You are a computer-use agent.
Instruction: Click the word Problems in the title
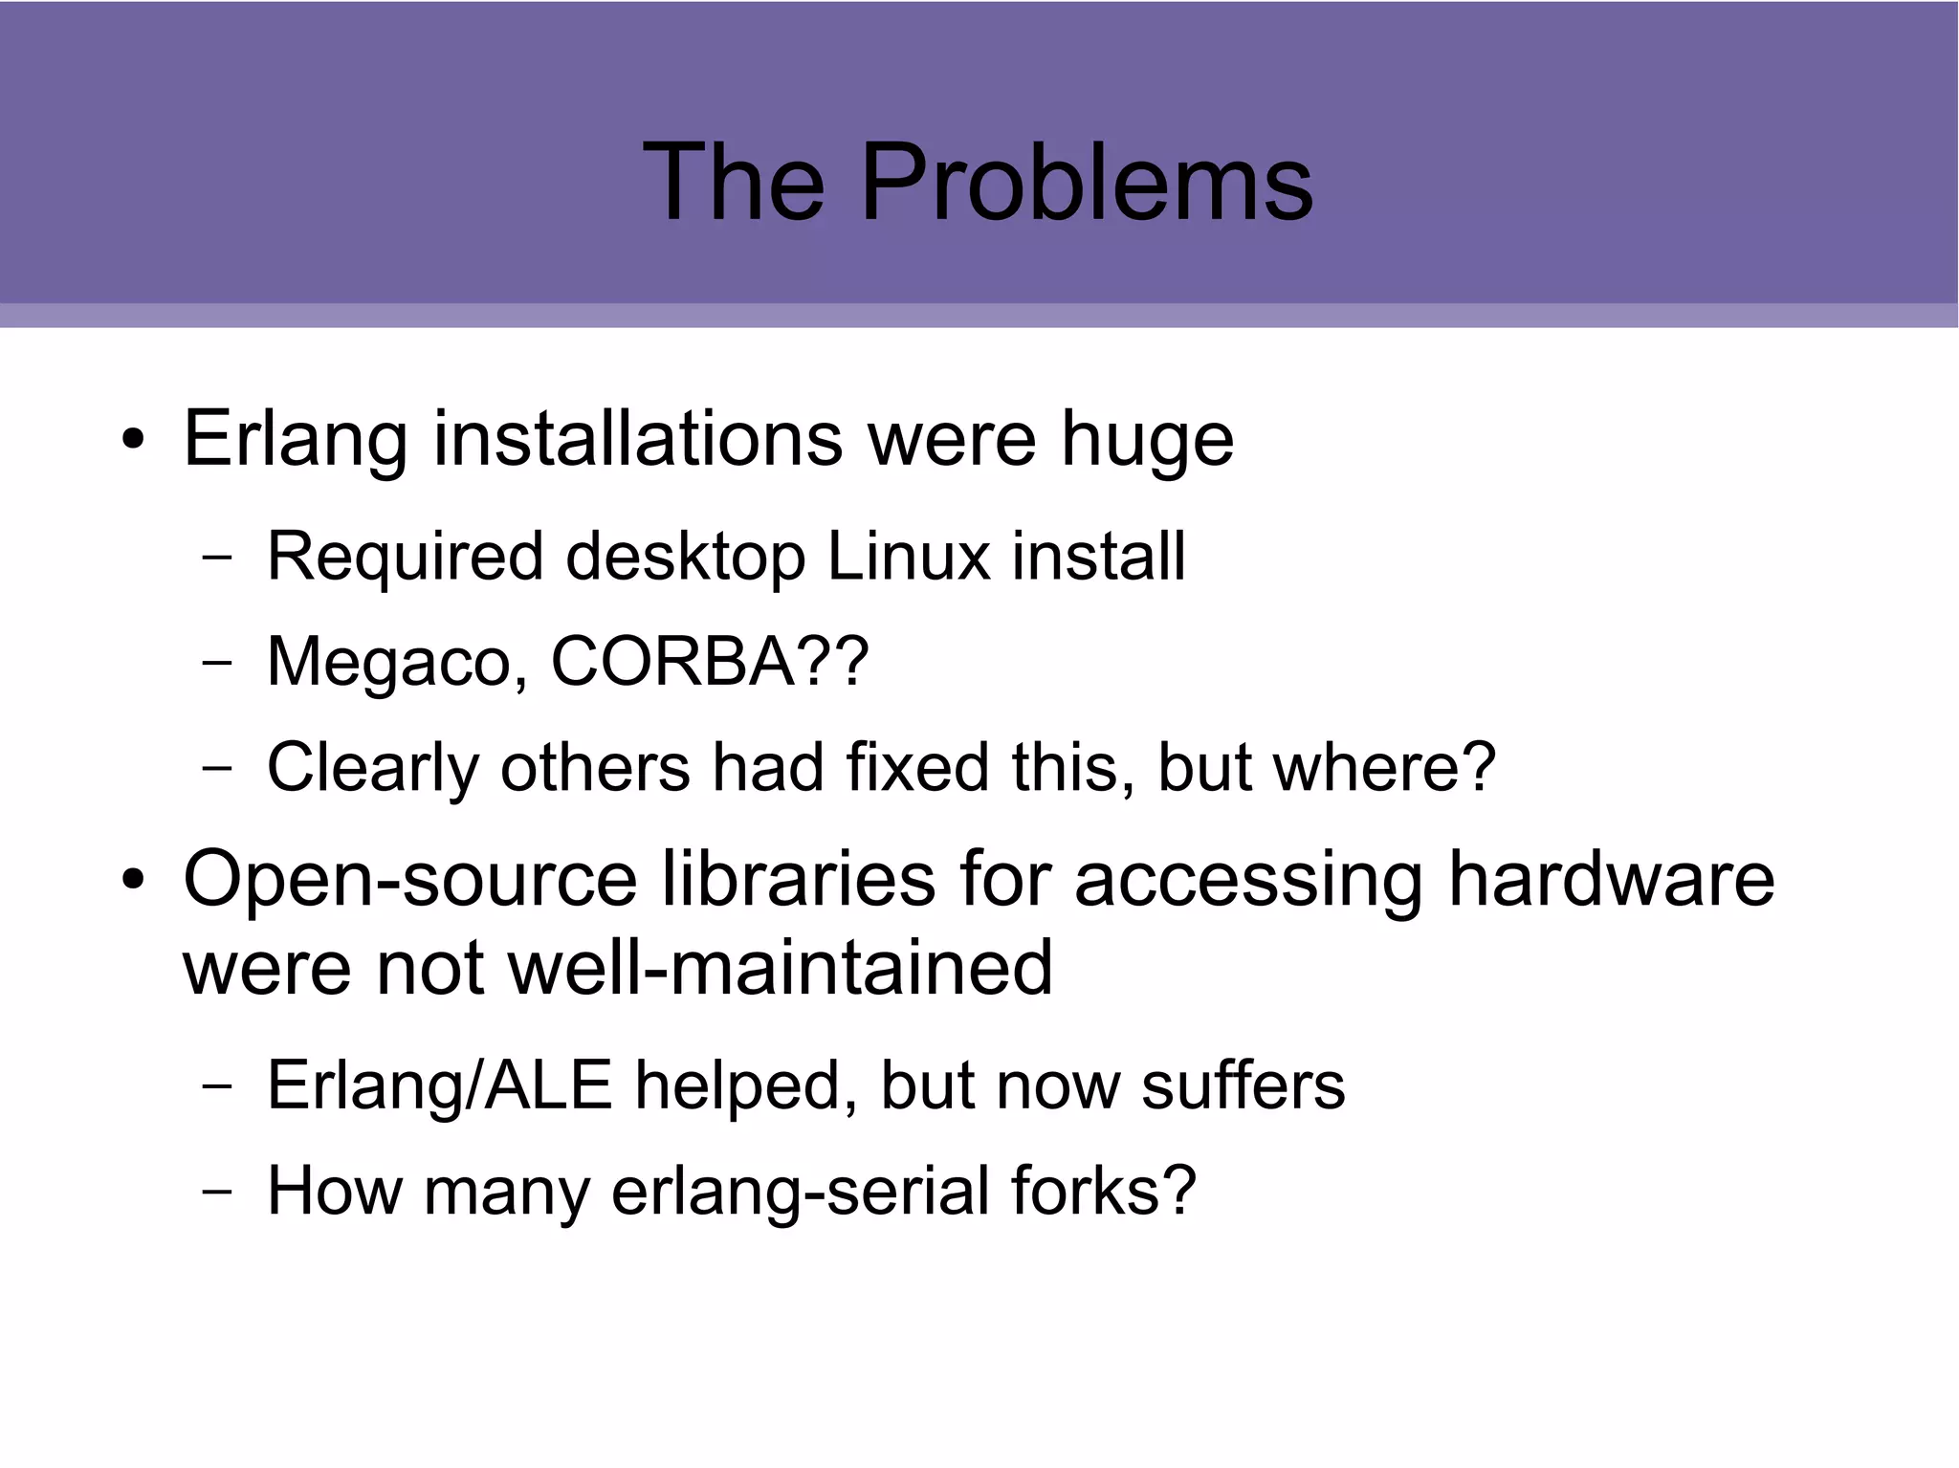1087,182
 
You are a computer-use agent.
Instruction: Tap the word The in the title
733,182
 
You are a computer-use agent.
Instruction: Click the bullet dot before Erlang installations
133,441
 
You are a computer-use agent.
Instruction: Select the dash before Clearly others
217,768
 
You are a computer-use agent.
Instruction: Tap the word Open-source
409,881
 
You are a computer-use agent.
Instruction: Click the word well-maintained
780,967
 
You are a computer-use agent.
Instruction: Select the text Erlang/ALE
439,1085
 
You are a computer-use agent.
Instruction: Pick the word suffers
1244,1085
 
